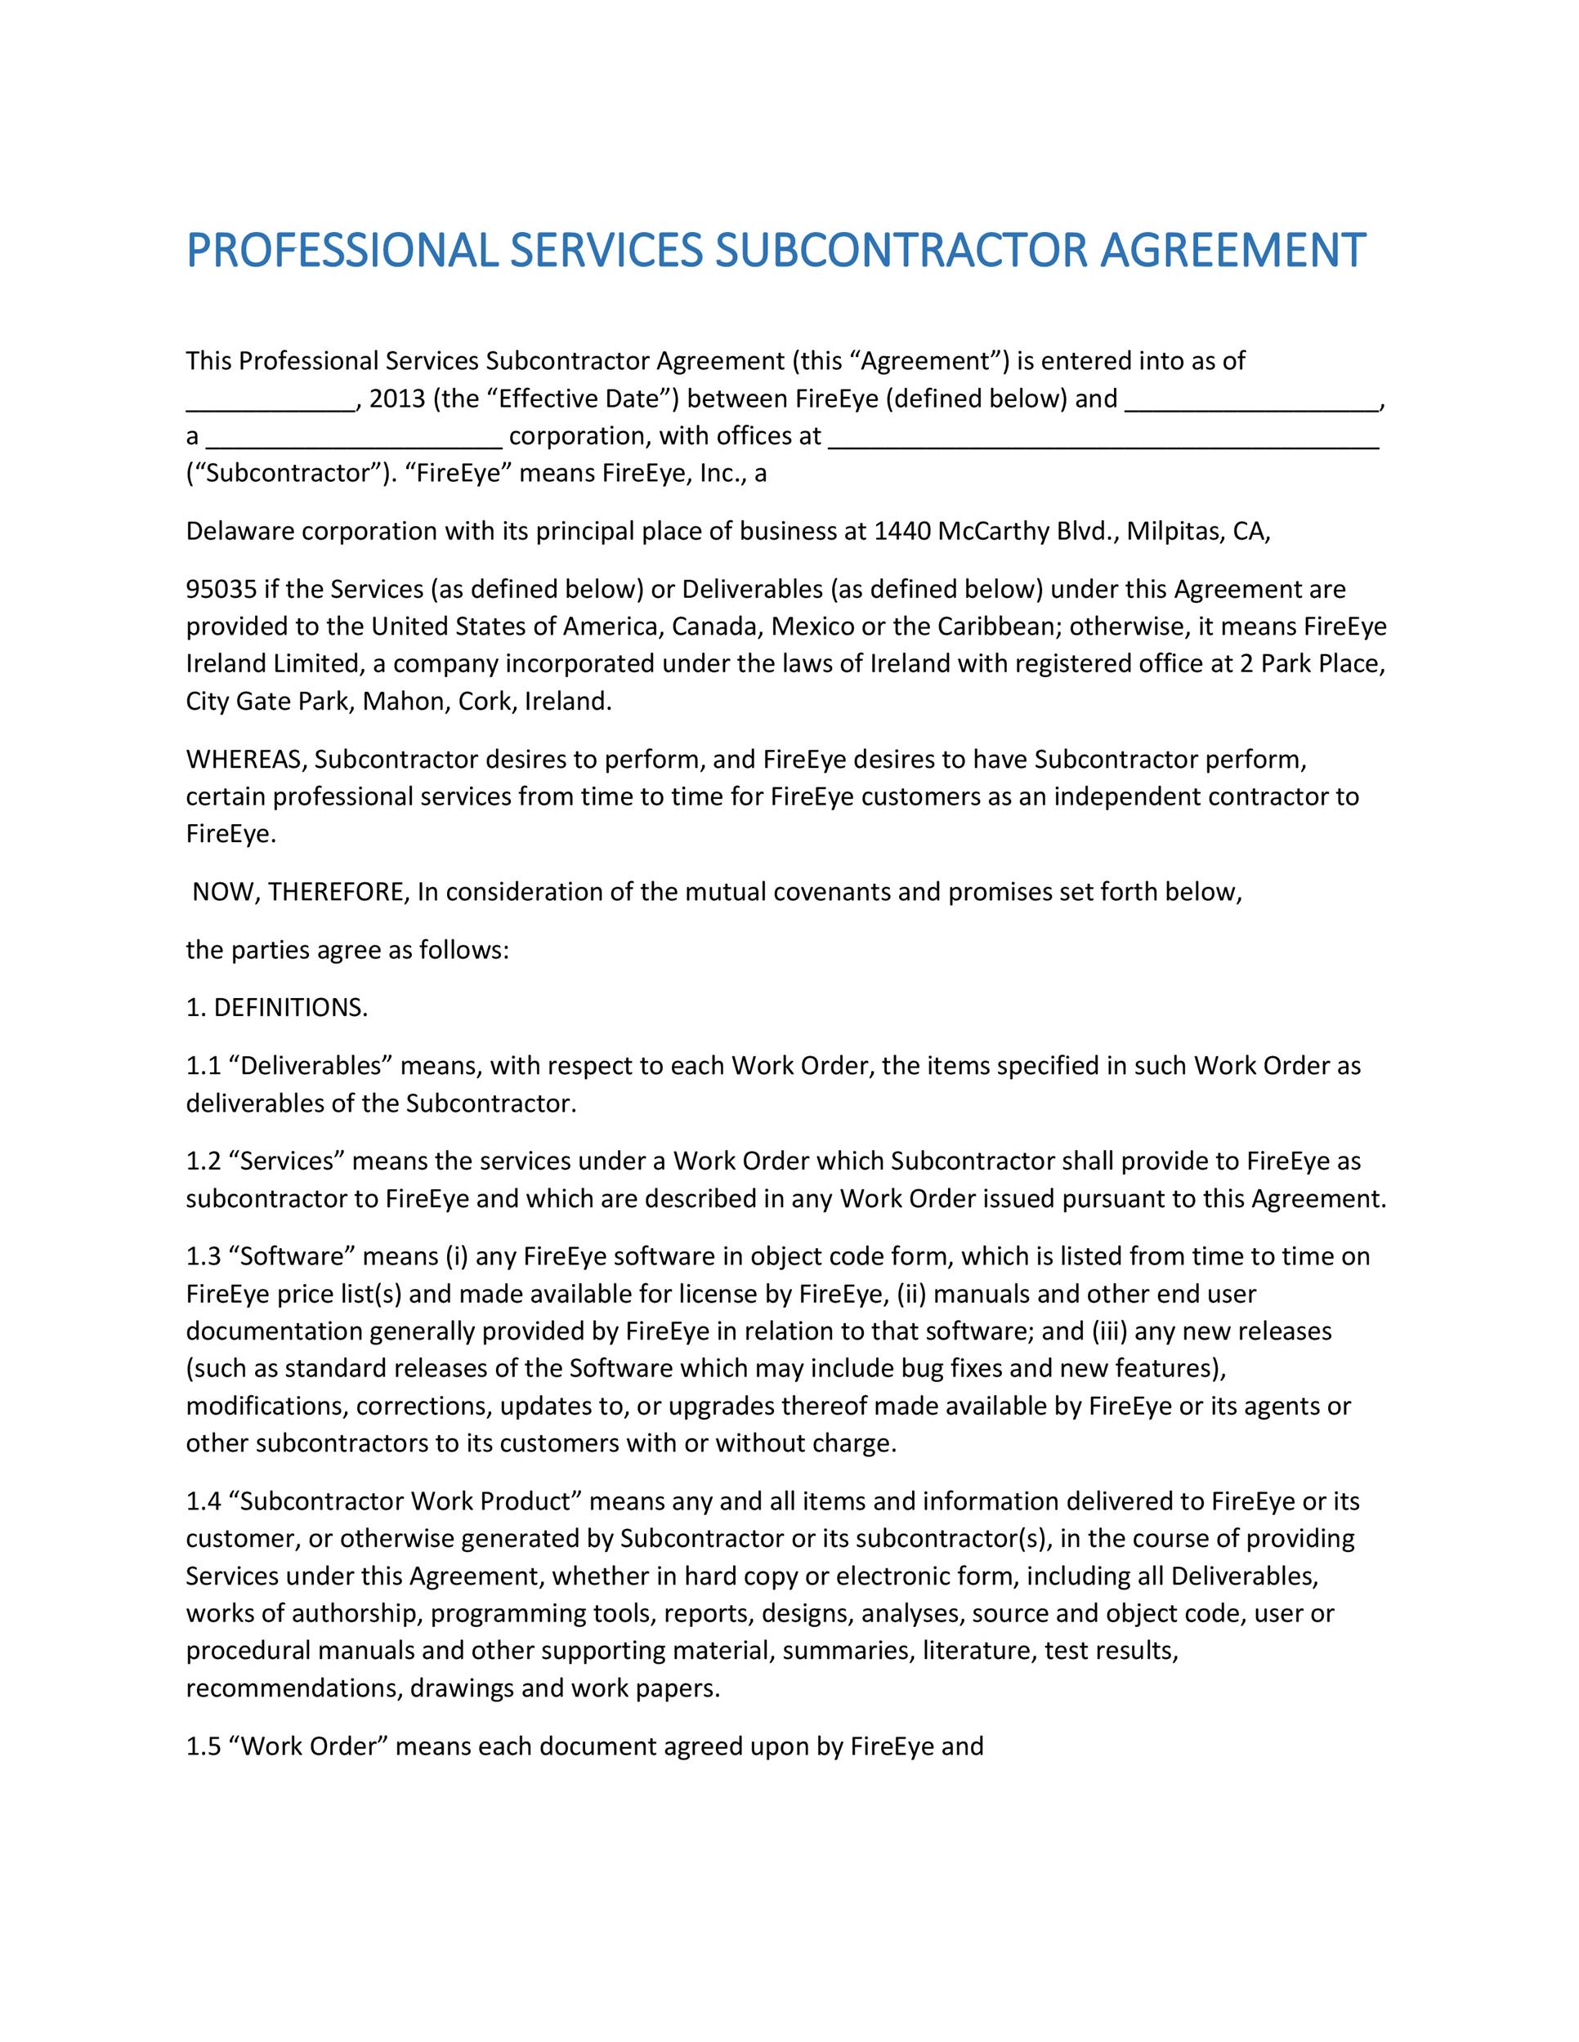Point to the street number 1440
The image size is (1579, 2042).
[902, 531]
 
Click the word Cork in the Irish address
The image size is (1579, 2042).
[484, 702]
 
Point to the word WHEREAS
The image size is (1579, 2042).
[246, 759]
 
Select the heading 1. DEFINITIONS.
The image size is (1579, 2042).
[277, 1008]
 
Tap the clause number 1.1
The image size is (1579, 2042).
[202, 1066]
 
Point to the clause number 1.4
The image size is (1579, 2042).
[202, 1501]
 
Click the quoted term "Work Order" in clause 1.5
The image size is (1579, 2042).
[308, 1746]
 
